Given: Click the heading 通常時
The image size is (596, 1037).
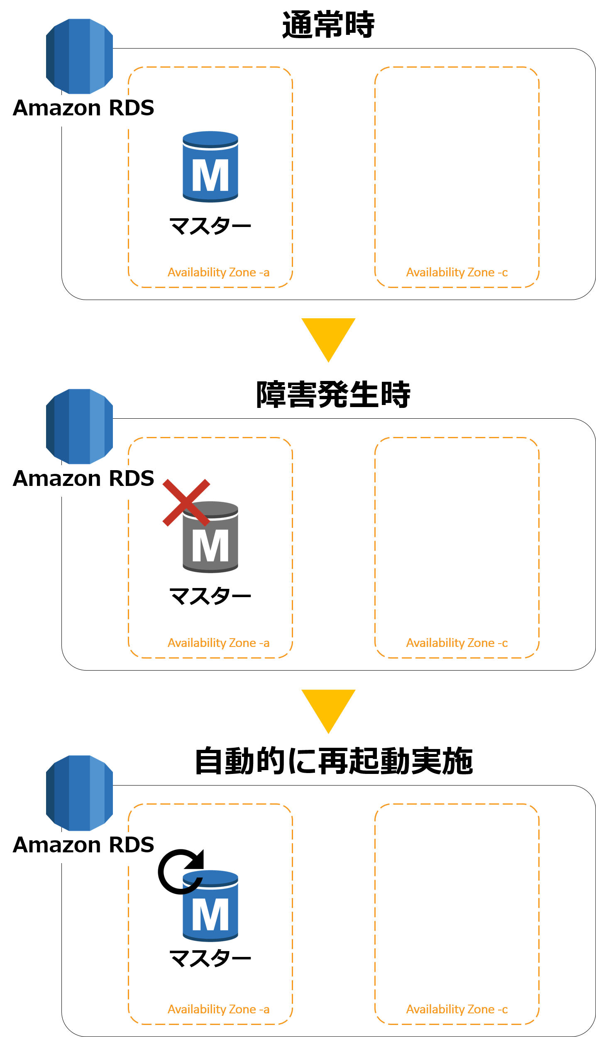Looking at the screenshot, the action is coord(328,25).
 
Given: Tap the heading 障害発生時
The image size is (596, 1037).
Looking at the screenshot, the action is coord(333,395).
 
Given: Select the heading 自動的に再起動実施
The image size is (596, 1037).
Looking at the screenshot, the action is coord(334,761).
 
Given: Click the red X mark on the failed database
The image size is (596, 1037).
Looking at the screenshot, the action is coord(186,503).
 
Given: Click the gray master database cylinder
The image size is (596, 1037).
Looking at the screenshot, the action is coord(210,537).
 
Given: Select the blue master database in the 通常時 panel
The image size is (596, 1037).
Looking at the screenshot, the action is coord(210,167).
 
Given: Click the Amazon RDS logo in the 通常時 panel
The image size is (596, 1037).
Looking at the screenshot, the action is coord(79,56).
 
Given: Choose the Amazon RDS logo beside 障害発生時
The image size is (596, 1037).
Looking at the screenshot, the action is coord(79,427).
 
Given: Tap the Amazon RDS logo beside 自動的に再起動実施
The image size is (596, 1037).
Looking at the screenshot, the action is coord(79,793).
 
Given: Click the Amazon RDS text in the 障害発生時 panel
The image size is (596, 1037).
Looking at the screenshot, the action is coord(83,478).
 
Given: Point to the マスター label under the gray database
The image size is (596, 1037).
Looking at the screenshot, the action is coord(210,596).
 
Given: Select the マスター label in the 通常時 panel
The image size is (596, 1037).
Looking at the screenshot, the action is coord(210,226).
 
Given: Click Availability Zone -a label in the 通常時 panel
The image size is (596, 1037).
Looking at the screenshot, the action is coord(219,273).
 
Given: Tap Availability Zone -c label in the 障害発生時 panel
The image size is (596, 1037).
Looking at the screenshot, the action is coord(457,643).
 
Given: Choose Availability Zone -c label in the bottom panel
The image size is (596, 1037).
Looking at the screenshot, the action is coord(457,1010).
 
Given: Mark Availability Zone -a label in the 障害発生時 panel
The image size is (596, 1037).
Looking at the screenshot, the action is coord(219,643).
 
